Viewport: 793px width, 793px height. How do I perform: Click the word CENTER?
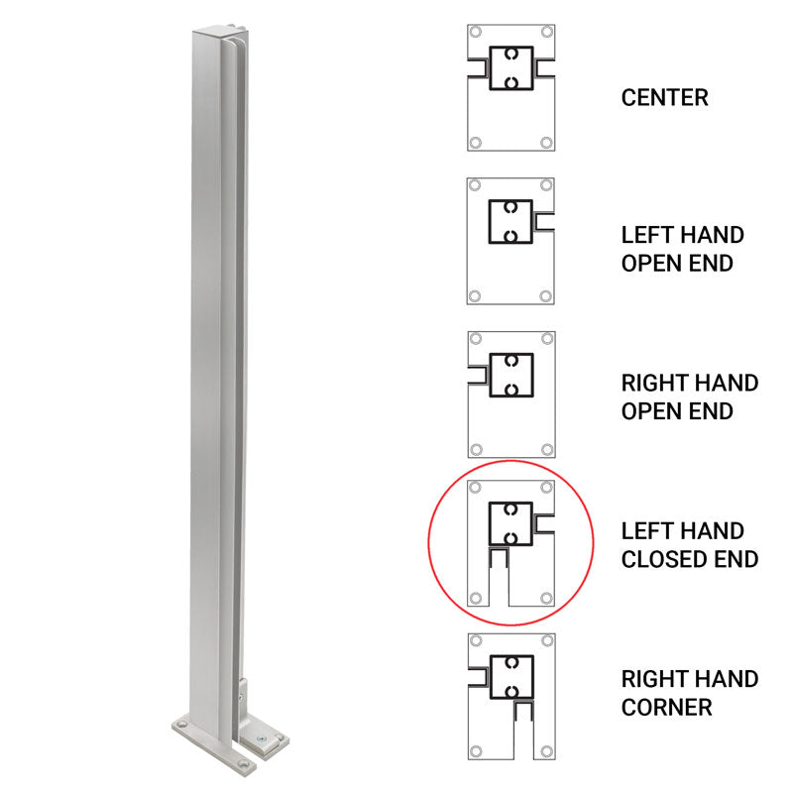665,98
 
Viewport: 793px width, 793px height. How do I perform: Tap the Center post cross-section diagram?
510,87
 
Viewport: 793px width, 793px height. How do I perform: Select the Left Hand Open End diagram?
510,241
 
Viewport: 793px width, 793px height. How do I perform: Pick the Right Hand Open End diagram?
510,394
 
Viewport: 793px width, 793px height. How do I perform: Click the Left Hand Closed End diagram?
510,542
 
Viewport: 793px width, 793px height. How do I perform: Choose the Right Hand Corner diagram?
510,696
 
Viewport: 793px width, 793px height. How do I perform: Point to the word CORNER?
667,708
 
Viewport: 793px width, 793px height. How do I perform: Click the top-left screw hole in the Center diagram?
476,33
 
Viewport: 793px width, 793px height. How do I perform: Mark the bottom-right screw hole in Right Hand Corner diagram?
546,747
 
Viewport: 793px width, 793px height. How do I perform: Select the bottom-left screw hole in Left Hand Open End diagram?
476,295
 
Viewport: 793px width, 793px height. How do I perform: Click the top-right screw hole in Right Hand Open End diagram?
546,339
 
